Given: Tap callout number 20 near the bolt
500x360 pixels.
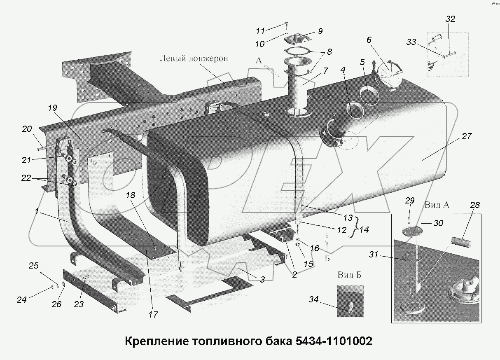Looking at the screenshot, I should click(27, 129).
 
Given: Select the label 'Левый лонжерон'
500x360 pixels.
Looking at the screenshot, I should click(194, 58).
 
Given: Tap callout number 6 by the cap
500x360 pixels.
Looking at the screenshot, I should click(369, 40).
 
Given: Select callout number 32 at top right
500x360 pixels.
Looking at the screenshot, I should click(450, 19).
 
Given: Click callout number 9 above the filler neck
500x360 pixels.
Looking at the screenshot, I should click(320, 31).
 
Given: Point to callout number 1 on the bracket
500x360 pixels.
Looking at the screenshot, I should click(37, 211).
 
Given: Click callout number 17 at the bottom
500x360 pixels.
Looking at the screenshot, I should click(153, 314).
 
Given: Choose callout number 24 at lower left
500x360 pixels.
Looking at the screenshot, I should click(21, 300).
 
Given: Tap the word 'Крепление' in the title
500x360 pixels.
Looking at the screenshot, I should click(154, 341).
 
